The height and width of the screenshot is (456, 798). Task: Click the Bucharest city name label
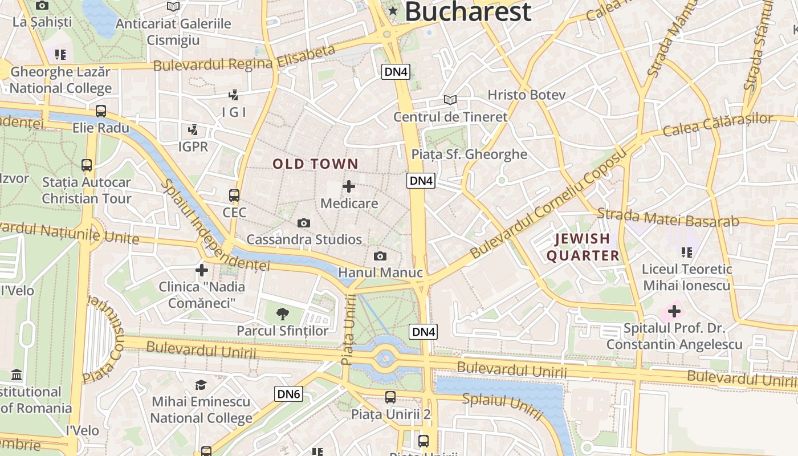[467, 11]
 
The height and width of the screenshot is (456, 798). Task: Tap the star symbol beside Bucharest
[393, 11]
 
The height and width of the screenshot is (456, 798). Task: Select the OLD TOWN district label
[315, 164]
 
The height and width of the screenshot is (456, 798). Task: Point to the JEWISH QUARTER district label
[583, 247]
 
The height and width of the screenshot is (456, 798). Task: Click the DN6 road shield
[288, 393]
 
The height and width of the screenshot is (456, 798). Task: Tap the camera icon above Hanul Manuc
[380, 256]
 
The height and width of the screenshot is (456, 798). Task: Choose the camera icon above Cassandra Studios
[304, 223]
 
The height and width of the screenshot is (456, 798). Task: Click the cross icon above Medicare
[348, 186]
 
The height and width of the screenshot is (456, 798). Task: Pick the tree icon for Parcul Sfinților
[282, 313]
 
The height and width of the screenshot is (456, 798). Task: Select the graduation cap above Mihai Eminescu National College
[201, 385]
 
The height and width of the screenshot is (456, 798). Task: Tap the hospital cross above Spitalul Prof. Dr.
[674, 311]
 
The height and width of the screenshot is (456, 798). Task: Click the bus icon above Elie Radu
[101, 111]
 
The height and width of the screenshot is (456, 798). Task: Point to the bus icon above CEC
[234, 196]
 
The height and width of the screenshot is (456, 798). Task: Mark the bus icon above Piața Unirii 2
[390, 397]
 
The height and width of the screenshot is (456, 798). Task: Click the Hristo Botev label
[527, 95]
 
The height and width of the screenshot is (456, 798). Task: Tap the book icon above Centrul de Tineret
[450, 100]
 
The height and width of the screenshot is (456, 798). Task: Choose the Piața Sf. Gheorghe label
[469, 154]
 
